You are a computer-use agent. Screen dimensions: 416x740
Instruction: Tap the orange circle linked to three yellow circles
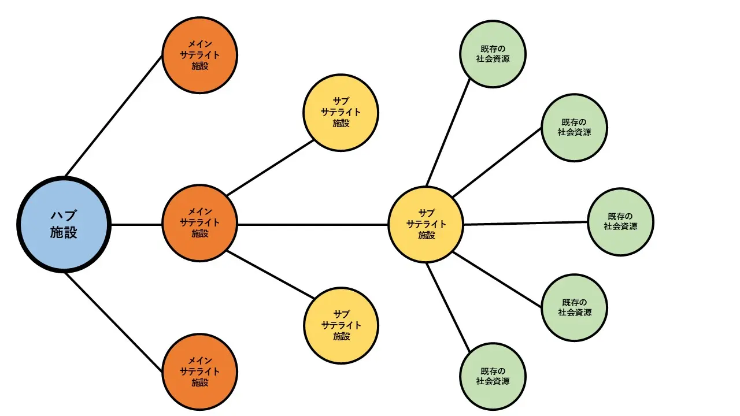click(199, 224)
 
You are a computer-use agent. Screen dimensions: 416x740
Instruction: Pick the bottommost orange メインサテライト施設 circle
click(199, 373)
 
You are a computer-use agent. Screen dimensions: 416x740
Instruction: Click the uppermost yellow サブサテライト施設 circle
click(341, 112)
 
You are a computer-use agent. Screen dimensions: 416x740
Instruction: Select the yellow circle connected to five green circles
click(426, 224)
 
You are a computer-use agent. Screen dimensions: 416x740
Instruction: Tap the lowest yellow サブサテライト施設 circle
click(341, 325)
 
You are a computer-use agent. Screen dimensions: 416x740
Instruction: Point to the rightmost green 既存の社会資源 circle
click(621, 222)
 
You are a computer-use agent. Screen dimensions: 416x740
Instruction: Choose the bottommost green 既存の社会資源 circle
click(493, 376)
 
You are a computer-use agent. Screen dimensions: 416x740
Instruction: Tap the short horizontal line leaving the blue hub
click(136, 224)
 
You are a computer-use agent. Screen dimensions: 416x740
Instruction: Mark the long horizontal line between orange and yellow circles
click(312, 224)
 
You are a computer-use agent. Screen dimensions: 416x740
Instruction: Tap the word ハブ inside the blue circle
click(64, 216)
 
